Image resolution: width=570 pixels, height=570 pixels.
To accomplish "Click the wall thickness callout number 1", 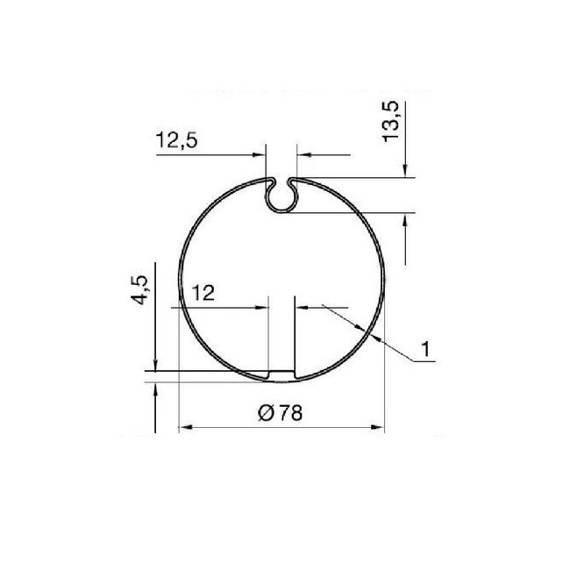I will pyautogui.click(x=426, y=349).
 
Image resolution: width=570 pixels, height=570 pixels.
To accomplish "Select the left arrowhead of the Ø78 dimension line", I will pyautogui.click(x=184, y=428).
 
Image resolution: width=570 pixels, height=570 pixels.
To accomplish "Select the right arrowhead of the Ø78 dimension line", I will pyautogui.click(x=378, y=428).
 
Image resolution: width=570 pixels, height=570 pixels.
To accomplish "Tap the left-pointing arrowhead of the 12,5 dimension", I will pyautogui.click(x=303, y=155).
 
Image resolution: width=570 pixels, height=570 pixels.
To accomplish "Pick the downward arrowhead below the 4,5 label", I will pyautogui.click(x=154, y=364).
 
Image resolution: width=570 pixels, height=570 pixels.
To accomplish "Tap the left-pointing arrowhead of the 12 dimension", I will pyautogui.click(x=302, y=306).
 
